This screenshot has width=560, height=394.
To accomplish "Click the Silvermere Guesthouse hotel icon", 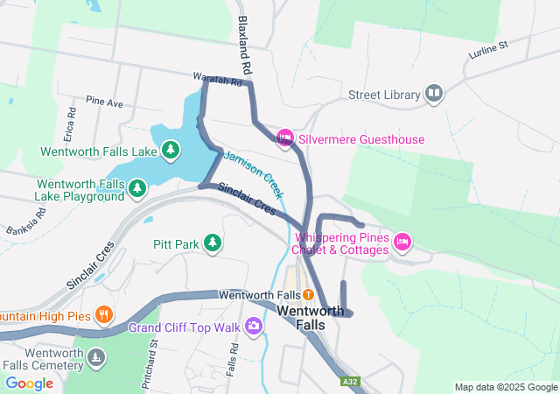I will (284, 138).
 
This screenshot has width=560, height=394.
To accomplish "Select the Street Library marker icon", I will (434, 94).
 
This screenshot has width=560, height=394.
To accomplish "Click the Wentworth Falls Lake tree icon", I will (170, 151).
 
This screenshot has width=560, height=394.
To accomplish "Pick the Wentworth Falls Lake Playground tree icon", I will (136, 188).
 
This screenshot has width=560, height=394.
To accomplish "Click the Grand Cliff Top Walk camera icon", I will (254, 327).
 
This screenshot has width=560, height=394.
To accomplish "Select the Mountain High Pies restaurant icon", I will (103, 313).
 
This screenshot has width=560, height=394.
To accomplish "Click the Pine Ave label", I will (105, 102).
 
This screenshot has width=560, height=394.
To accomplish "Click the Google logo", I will (30, 383).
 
